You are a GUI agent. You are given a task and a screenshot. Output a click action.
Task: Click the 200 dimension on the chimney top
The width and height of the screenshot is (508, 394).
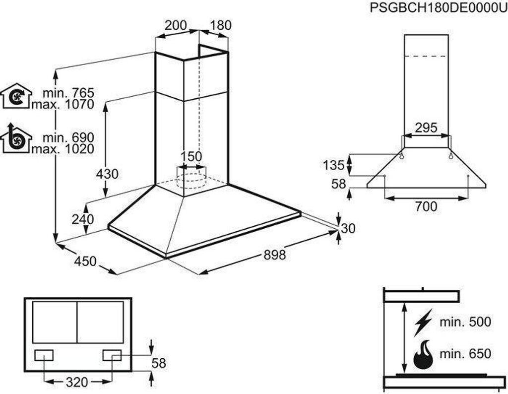[176, 25]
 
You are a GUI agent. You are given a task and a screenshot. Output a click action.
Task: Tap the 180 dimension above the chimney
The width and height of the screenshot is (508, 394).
[220, 25]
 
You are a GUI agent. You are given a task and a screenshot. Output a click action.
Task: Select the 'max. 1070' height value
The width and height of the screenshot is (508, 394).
[63, 105]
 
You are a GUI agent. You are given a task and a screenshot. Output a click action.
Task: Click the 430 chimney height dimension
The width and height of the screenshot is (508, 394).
[107, 174]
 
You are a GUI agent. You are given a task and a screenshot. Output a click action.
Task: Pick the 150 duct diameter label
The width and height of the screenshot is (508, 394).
[191, 157]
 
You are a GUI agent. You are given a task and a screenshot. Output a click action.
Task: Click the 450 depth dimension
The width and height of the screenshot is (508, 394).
[86, 261]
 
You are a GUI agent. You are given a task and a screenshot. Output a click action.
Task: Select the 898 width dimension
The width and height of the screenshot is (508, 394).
[274, 255]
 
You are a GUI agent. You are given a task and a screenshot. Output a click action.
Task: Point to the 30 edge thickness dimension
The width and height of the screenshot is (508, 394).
[349, 229]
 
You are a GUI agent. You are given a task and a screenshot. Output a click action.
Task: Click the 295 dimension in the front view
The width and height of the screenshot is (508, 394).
[426, 128]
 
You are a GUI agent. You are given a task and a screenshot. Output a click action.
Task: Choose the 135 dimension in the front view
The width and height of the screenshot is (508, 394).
[334, 165]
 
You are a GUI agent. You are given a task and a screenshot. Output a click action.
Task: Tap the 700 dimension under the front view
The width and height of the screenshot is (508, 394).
[426, 206]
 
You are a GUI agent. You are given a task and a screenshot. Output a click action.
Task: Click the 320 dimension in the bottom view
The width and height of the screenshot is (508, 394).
[76, 382]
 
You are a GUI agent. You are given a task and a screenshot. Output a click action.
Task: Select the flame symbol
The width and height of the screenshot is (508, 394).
[423, 354]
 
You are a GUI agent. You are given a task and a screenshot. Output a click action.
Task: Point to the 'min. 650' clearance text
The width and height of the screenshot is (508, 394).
[465, 354]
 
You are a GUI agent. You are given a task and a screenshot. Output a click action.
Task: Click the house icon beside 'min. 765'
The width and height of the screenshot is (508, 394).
[16, 96]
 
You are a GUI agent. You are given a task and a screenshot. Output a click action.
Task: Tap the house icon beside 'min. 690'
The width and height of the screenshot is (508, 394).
[16, 139]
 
